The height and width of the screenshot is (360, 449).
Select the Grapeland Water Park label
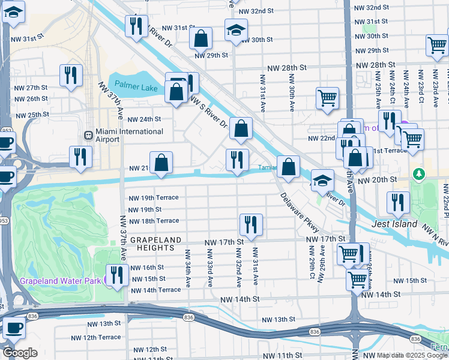[60, 280]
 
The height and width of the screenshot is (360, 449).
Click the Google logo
[20, 352]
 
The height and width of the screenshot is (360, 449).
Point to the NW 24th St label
[145, 119]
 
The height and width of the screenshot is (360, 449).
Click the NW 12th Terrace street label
[94, 337]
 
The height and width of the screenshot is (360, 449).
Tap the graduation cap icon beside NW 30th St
[237, 29]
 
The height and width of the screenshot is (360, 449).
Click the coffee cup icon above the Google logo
[14, 328]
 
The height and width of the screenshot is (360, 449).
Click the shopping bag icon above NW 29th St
[200, 38]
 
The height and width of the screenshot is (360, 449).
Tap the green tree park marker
[419, 173]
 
